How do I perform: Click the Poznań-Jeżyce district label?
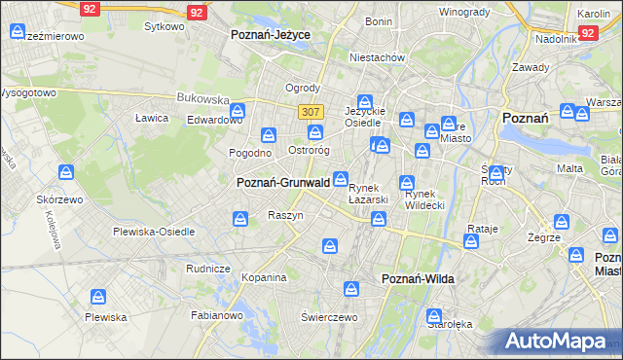click(271, 34)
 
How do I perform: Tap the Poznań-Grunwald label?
click(282, 182)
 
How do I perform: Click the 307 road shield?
click(311, 112)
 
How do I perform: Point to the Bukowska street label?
click(202, 98)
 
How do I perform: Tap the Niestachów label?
click(378, 57)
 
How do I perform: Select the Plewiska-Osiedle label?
click(154, 232)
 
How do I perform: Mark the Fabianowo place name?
click(217, 314)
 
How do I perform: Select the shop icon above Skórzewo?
click(66, 173)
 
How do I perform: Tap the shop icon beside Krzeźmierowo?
click(18, 32)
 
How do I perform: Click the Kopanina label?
click(264, 277)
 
